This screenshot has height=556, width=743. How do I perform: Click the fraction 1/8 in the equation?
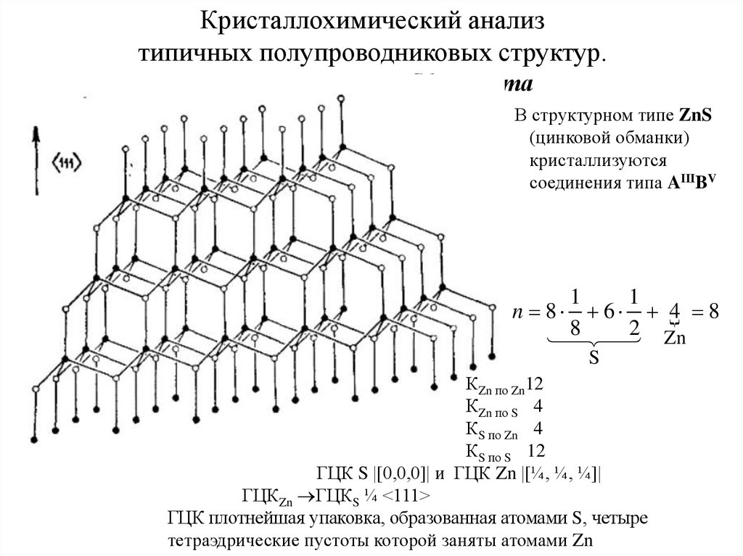[x=575, y=312]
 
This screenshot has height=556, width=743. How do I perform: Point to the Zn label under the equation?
[x=676, y=339]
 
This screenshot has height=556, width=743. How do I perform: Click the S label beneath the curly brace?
[x=591, y=359]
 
